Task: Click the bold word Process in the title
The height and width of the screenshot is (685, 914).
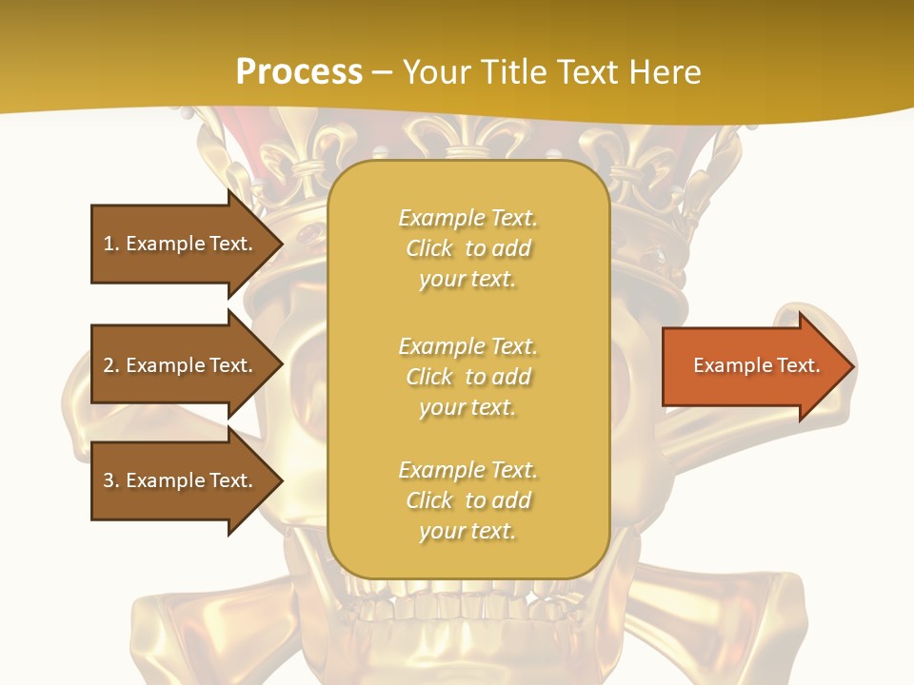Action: point(299,72)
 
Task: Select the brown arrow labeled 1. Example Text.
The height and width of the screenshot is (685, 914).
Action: point(181,244)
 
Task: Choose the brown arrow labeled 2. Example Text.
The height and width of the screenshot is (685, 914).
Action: point(181,365)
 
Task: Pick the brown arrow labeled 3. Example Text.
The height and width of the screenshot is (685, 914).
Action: point(181,480)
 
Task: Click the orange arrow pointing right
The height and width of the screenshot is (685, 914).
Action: point(752,366)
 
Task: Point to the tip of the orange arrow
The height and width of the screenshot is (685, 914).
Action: point(852,366)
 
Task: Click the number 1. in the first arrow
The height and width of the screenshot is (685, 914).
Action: point(111,244)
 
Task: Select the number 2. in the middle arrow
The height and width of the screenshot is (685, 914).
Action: point(111,365)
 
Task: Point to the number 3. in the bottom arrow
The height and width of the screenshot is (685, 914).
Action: point(111,480)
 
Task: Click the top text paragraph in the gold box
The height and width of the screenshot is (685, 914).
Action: point(467,248)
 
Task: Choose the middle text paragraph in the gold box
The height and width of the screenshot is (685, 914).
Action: point(467,377)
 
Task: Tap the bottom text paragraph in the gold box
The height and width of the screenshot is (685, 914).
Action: point(467,500)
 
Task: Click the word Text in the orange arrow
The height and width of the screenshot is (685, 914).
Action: point(799,365)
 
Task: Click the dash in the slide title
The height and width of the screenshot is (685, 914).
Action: point(382,73)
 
